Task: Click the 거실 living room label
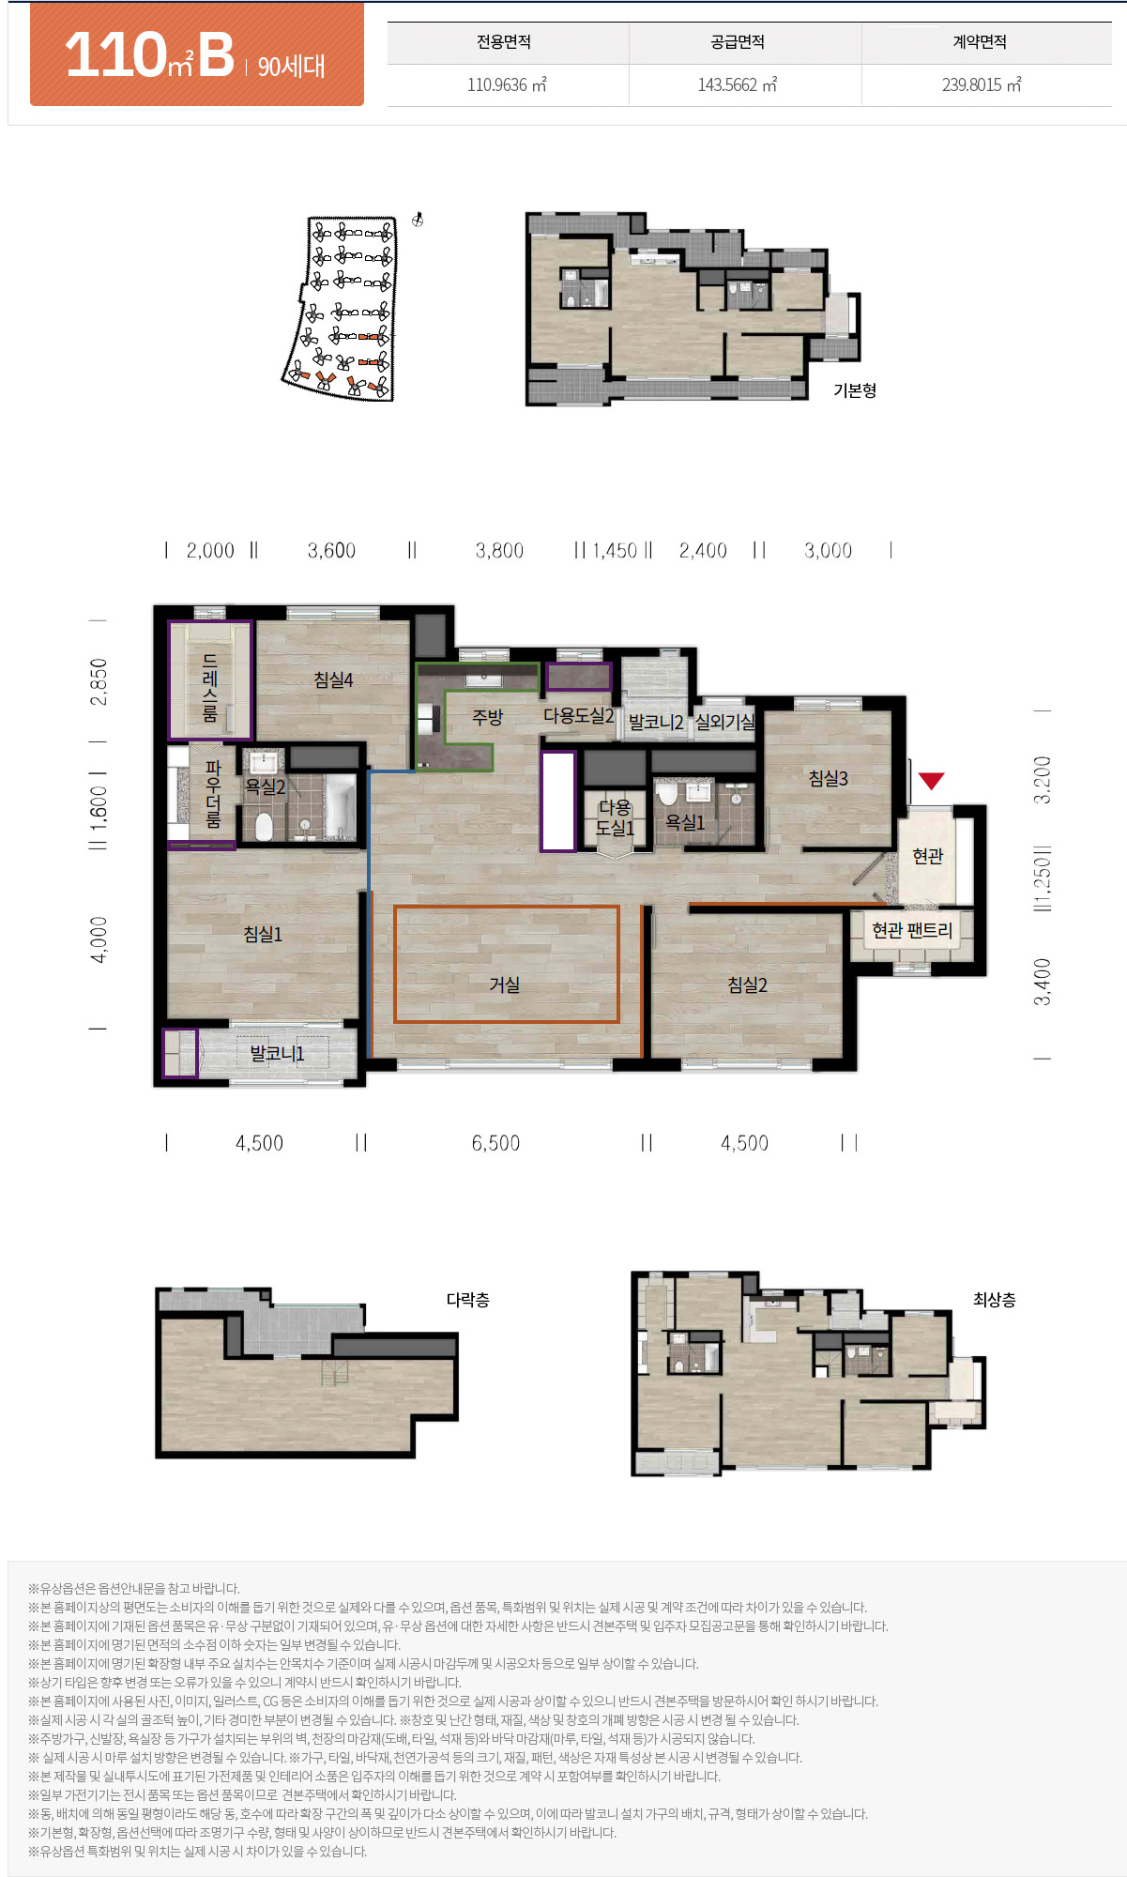tap(505, 984)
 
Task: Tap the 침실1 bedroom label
tap(263, 934)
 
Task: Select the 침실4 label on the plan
tap(333, 679)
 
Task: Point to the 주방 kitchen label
tap(487, 717)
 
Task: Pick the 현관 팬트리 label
tap(912, 930)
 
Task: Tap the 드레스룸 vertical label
tap(210, 688)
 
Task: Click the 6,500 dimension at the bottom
tap(495, 1143)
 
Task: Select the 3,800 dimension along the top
tap(499, 551)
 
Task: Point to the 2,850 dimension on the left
tap(99, 682)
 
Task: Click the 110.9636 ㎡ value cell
tap(507, 84)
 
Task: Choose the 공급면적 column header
tap(738, 42)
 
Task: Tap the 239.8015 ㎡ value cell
tap(982, 84)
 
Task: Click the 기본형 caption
tap(855, 389)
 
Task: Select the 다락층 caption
tap(467, 1300)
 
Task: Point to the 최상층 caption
tap(995, 1300)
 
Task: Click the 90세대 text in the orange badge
tap(291, 66)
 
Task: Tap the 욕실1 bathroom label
tap(685, 822)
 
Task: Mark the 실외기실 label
tap(724, 722)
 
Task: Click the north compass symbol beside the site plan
tap(419, 221)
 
